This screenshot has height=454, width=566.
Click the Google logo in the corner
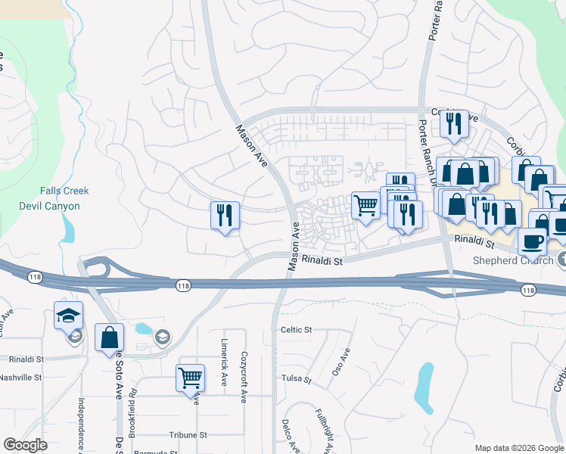[25, 446]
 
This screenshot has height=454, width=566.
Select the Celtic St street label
[297, 330]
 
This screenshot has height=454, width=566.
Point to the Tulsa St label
[296, 378]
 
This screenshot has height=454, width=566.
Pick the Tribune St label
[188, 435]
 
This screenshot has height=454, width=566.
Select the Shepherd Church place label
[515, 260]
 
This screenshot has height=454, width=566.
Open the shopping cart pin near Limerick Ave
[190, 378]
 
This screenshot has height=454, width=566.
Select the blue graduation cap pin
[68, 315]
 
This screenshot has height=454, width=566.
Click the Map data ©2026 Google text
[518, 448]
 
